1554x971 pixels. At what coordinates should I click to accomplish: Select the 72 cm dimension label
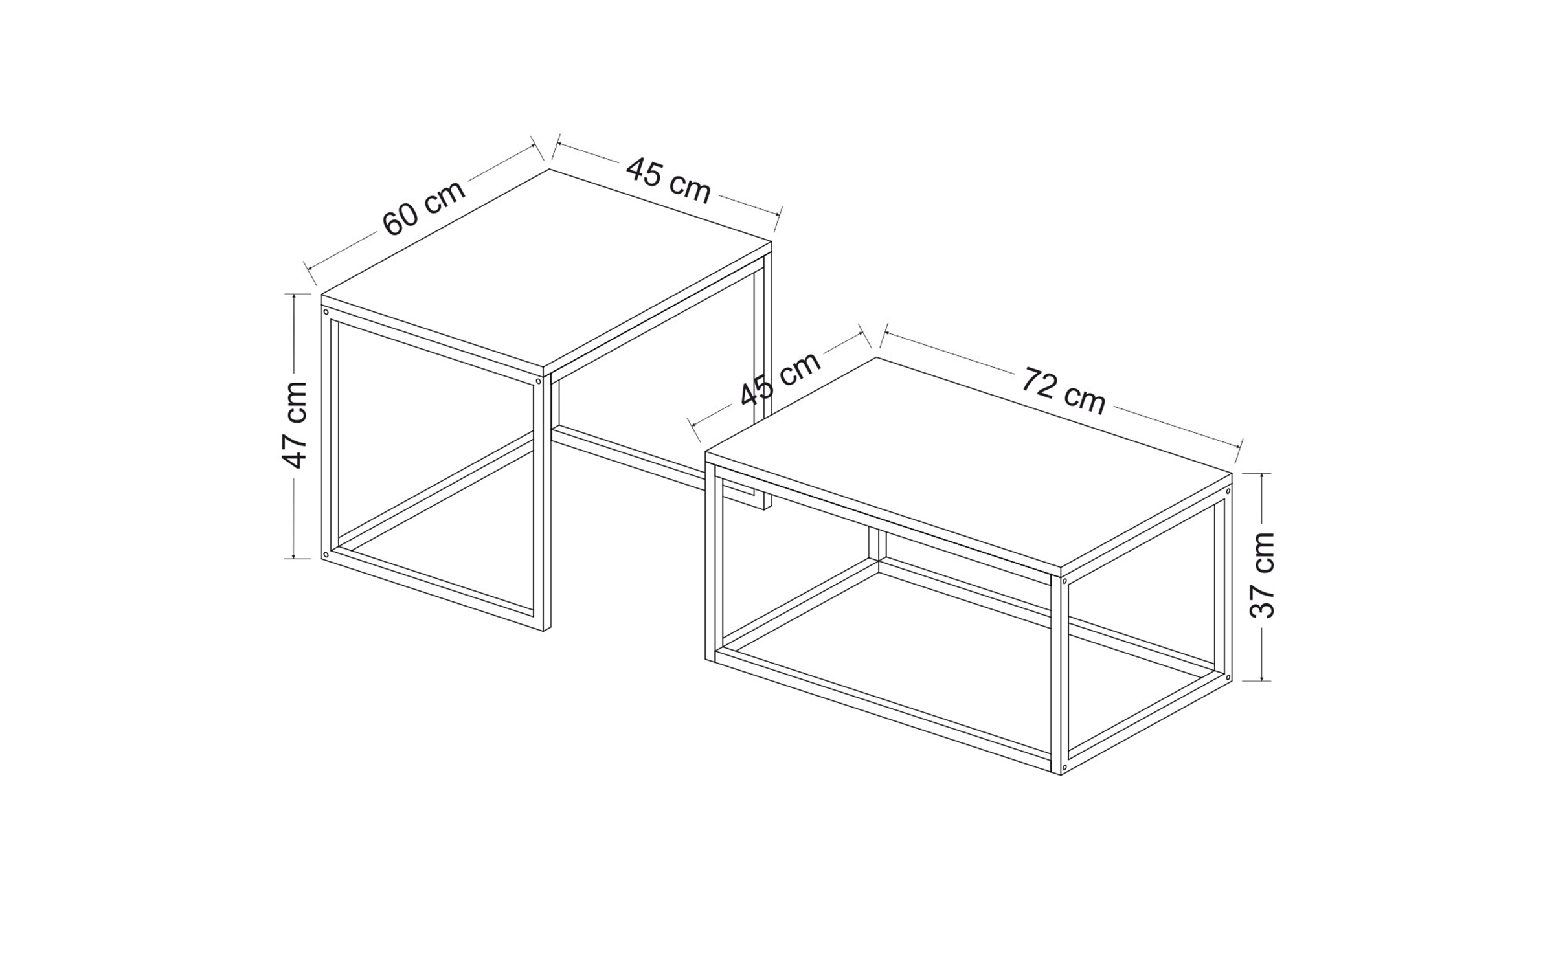(1063, 391)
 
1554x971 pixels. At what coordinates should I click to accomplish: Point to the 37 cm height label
(1262, 575)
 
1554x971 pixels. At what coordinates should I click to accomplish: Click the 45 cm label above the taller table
(668, 180)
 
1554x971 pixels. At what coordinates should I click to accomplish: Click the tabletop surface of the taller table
(546, 270)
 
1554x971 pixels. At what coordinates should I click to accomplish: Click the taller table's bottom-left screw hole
(326, 554)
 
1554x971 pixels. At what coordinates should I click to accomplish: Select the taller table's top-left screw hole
(326, 312)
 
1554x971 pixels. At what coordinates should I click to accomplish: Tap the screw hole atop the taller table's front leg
(538, 382)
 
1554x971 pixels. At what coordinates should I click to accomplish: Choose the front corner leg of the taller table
(543, 502)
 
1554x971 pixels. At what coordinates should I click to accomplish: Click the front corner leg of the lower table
(1060, 673)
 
